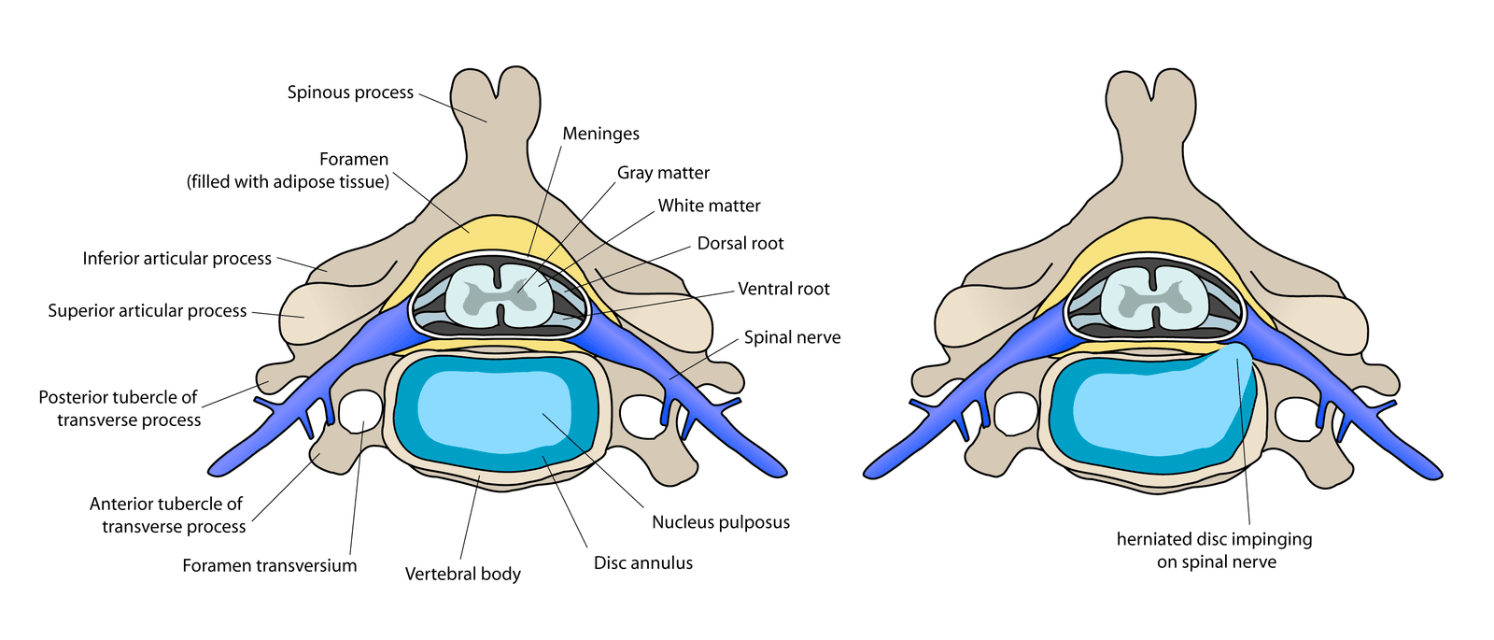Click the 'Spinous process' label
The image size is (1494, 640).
click(350, 92)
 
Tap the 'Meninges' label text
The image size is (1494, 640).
click(600, 134)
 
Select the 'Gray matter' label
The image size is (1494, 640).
click(663, 173)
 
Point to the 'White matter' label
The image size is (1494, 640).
click(709, 206)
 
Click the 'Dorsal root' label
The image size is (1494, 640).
click(740, 243)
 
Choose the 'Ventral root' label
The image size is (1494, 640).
click(783, 289)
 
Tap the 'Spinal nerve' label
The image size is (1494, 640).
click(792, 337)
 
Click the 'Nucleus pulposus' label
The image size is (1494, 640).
click(721, 522)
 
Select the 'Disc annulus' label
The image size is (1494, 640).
click(643, 562)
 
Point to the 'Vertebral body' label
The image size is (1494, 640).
click(462, 574)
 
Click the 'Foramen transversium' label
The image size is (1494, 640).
click(269, 565)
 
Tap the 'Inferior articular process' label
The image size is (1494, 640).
click(176, 259)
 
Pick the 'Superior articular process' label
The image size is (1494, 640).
click(148, 311)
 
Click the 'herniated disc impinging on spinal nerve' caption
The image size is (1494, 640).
click(1214, 550)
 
